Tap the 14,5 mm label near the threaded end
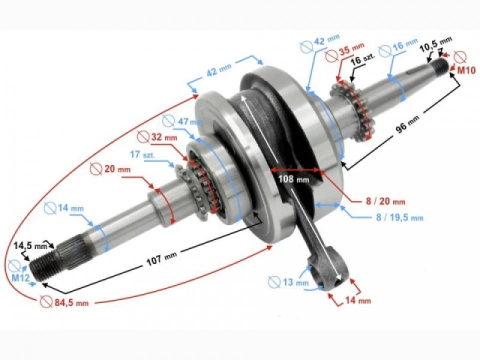coord(29,245)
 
